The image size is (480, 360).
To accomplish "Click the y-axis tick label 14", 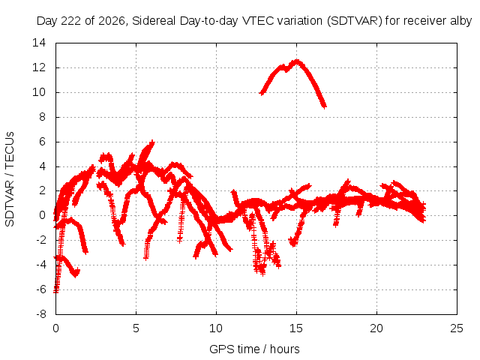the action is tap(39, 43).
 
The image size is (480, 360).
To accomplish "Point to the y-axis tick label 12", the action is tap(39, 67).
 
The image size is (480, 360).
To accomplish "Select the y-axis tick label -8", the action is tap(40, 314).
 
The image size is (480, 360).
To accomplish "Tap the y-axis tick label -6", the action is tap(40, 289).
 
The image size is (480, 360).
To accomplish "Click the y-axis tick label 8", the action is tap(42, 117).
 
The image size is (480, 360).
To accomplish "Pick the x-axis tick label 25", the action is tap(457, 328).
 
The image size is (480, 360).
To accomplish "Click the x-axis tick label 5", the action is tap(136, 328).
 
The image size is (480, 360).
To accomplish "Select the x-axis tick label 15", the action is tap(296, 328).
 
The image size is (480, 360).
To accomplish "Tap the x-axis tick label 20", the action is tap(376, 328).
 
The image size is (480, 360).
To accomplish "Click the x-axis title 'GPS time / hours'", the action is tap(254, 349).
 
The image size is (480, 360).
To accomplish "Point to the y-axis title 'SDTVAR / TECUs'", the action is tap(10, 179).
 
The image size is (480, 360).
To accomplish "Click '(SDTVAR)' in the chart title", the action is tap(355, 21).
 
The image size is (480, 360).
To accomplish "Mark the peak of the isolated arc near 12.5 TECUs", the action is tap(296, 61).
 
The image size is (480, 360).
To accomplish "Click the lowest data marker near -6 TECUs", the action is tap(55, 291).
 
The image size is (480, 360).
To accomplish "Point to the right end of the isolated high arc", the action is tap(325, 106).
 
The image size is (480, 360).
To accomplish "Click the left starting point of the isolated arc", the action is tap(262, 93).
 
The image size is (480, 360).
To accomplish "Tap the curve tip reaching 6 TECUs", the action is tap(152, 142).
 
